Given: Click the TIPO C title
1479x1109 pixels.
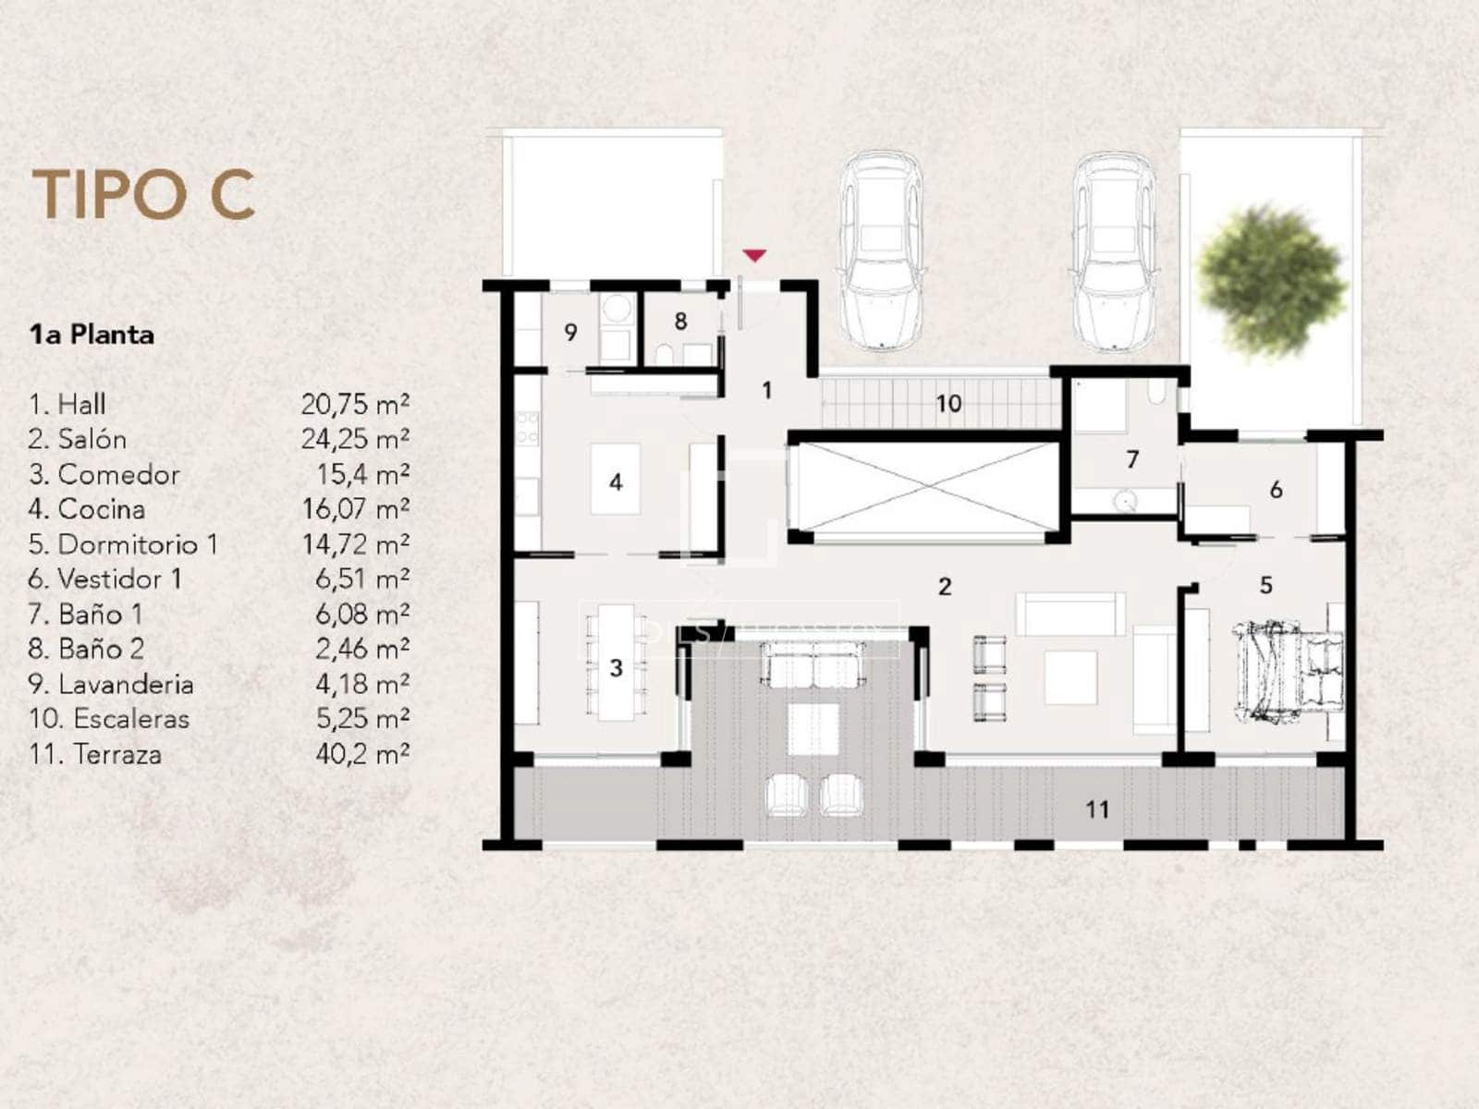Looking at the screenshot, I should (143, 194).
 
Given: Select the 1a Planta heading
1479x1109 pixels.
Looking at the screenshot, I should (92, 335).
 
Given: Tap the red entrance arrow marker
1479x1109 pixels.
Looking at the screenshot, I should (755, 255).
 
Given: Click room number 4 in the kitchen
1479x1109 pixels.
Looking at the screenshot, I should (616, 481).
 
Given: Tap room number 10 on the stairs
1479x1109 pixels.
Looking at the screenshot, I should (948, 404).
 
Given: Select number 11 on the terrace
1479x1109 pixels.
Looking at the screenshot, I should (1097, 810).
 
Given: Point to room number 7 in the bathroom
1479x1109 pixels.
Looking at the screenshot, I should (1132, 459).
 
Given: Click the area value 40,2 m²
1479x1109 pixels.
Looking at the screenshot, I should (362, 754).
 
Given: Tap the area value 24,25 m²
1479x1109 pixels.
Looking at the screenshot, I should (356, 439).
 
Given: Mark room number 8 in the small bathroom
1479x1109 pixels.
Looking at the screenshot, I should (680, 322).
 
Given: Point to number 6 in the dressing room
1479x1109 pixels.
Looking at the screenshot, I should (1276, 490).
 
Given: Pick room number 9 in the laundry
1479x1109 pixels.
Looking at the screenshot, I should (570, 332).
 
